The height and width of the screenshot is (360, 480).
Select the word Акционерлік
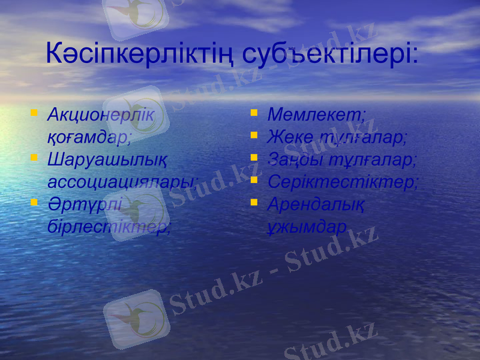tap(100, 115)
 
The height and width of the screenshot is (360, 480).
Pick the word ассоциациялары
tap(122, 182)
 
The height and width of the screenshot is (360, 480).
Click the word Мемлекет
tap(316, 115)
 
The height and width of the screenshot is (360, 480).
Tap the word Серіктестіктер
tap(343, 182)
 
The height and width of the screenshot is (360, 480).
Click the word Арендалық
tap(316, 204)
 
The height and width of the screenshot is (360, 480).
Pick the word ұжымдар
tap(307, 227)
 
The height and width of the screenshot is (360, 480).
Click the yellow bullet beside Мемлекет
tap(254, 112)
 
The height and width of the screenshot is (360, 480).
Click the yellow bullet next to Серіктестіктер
tap(254, 179)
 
